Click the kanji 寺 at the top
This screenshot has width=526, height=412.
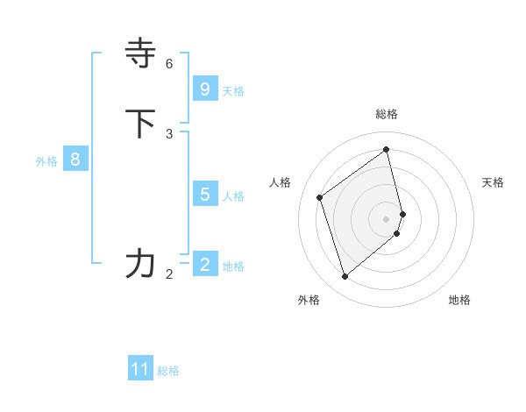click(140, 53)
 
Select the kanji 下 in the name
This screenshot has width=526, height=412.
click(140, 123)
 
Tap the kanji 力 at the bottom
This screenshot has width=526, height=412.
click(140, 263)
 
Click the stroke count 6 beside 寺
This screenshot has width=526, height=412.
click(169, 64)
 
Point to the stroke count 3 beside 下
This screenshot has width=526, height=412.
click(169, 133)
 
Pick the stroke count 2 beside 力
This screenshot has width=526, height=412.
click(169, 274)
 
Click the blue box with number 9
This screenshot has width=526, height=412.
click(205, 89)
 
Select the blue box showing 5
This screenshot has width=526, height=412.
click(205, 194)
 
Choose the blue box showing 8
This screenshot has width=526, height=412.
click(75, 160)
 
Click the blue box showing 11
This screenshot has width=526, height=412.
click(140, 369)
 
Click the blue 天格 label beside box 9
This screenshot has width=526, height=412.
click(233, 90)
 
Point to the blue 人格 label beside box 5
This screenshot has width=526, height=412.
click(233, 195)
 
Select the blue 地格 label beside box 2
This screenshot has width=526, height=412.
click(233, 266)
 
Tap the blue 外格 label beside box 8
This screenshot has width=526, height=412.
click(46, 161)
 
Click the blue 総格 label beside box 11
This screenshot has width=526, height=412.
click(168, 371)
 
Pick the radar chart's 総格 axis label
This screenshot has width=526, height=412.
click(387, 114)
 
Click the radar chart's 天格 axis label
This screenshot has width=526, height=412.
click(494, 182)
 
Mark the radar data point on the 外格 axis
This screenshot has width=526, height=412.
click(345, 277)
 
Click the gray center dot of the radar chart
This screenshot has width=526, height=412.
click(387, 218)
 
